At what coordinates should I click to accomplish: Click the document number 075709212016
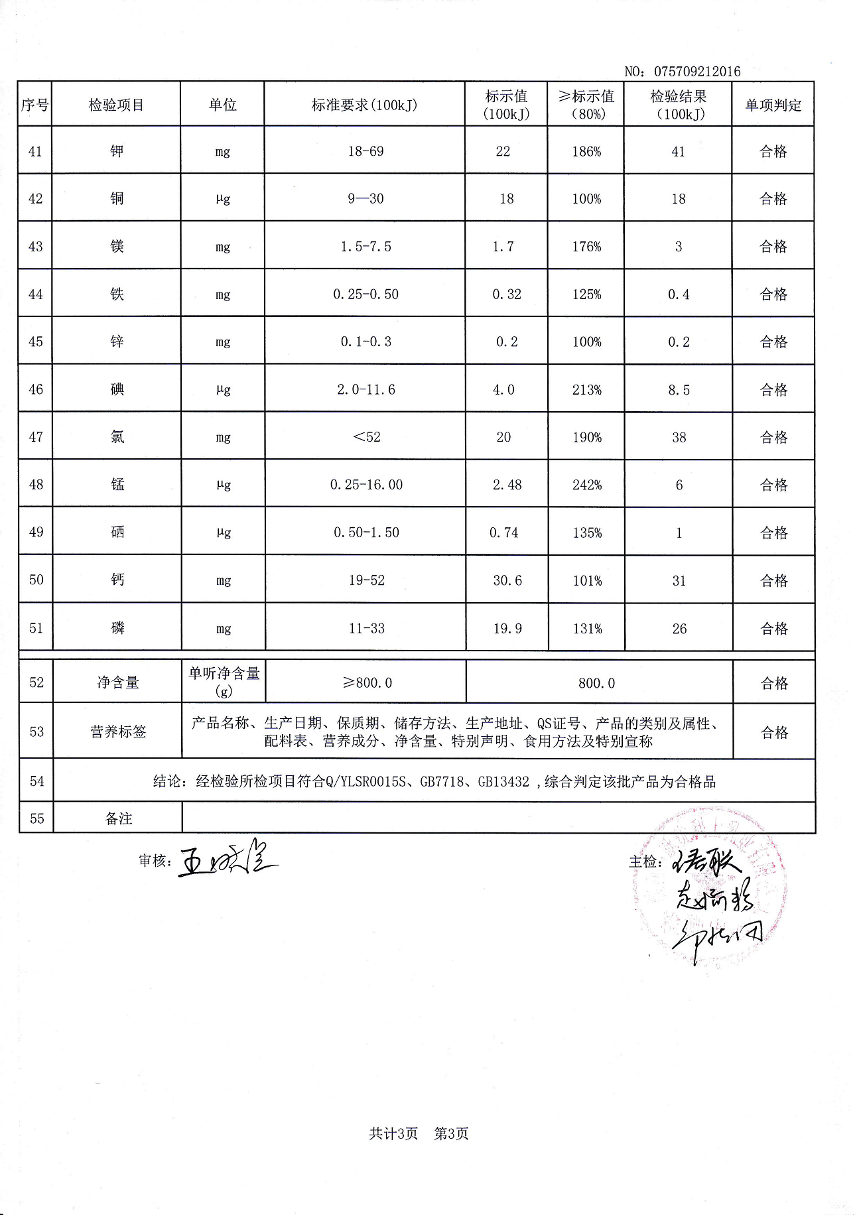697,72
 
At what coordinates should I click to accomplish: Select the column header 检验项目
116,105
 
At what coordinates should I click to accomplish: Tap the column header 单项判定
773,105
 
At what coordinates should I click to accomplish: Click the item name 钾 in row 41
117,151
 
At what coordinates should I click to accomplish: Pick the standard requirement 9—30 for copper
365,198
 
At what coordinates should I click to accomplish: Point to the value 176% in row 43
586,247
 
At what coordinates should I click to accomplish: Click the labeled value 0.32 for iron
507,294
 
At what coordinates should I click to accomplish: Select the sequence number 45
36,342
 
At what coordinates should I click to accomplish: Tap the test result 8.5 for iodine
679,390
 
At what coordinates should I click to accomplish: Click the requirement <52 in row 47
366,437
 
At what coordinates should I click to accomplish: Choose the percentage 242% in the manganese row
587,485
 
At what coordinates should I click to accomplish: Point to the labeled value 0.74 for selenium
504,533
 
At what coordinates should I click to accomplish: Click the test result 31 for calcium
679,580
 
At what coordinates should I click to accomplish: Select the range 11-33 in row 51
367,628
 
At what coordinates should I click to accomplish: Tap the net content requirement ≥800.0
367,682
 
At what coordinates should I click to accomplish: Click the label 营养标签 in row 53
118,732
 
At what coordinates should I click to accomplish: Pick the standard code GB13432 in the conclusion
503,781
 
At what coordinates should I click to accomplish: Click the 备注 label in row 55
118,818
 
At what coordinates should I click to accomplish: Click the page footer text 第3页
451,1133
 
